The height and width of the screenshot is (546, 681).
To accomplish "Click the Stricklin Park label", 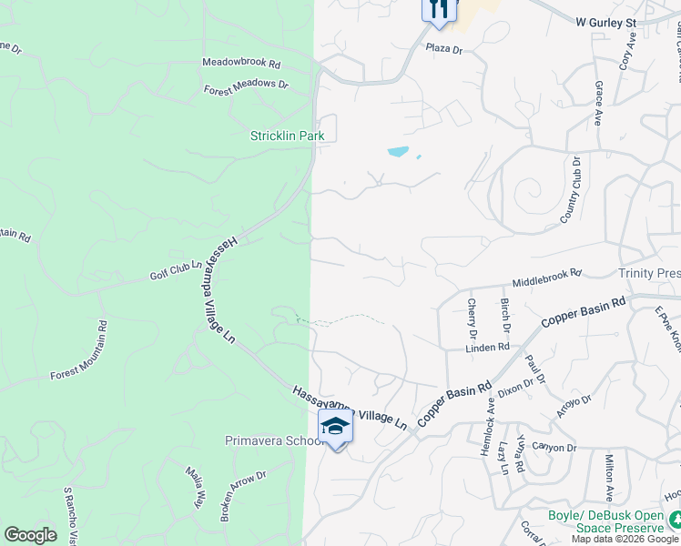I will pos(288,136).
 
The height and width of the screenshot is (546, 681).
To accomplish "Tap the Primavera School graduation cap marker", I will pos(335,428).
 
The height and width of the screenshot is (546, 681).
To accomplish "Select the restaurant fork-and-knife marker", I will pos(439,9).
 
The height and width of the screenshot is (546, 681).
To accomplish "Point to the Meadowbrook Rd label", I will pos(241,64).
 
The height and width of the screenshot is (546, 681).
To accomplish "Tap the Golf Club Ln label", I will pos(175,270).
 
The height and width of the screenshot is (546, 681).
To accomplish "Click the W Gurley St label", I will pos(608,19).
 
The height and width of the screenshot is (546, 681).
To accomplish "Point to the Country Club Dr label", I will pos(571,189).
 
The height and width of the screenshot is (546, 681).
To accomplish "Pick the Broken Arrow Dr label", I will pos(242,497).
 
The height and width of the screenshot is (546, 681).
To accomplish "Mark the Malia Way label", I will pos(196,487).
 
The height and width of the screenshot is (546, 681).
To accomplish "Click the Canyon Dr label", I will pos(554,448).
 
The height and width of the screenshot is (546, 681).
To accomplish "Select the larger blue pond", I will pos(398,151).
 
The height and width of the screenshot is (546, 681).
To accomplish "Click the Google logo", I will pos(30,535).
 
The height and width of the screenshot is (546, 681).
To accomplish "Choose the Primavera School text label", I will pos(274,441).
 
